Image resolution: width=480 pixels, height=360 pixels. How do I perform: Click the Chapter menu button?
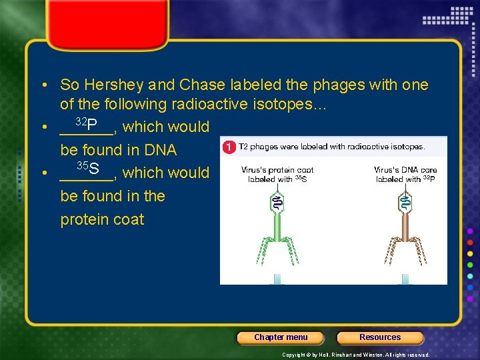tap(281, 337)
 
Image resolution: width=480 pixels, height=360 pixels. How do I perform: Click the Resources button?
tap(380, 337)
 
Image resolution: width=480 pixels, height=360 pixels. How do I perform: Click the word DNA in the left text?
tap(159, 150)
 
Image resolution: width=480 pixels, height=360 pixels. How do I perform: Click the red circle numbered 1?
tap(229, 147)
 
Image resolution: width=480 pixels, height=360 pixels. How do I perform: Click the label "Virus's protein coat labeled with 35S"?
tap(277, 175)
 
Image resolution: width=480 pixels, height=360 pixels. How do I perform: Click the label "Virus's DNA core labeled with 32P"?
tap(405, 175)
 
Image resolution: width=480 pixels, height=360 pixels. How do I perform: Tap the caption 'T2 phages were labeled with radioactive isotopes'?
tap(331, 147)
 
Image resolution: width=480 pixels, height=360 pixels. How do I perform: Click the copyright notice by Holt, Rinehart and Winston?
tap(356, 355)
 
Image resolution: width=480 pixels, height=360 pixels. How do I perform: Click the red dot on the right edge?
tap(471, 242)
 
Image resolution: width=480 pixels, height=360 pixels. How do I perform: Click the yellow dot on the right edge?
tap(471, 253)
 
